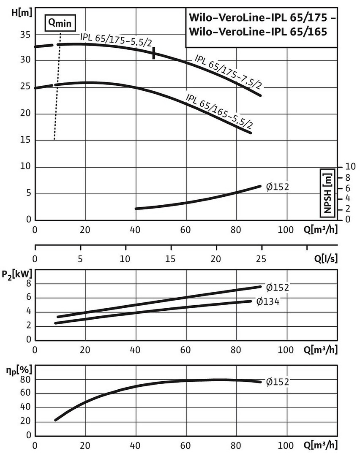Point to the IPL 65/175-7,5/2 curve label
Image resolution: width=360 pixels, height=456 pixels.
pos(228,72)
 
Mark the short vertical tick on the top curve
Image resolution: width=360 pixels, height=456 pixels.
pos(154,53)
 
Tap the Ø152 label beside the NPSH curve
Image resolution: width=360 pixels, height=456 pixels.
pos(277,187)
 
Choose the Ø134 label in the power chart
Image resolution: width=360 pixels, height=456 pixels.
pos(268,301)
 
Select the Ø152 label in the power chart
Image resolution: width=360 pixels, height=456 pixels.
pos(278,288)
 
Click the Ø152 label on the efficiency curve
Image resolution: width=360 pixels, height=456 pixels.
pos(278,382)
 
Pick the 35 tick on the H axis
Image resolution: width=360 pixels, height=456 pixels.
pos(25,35)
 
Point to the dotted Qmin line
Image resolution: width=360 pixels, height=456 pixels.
pos(58,84)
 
